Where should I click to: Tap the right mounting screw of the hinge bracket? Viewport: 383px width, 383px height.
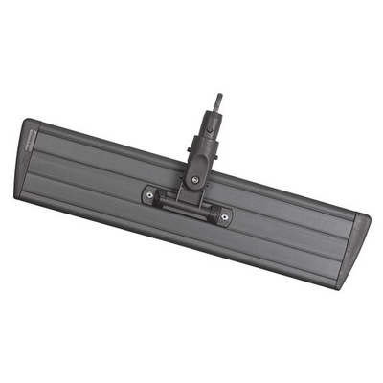pos(225,216)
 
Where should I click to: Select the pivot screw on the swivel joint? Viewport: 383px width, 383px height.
pos(196,177)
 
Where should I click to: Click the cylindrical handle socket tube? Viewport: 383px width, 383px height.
pos(210,128)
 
